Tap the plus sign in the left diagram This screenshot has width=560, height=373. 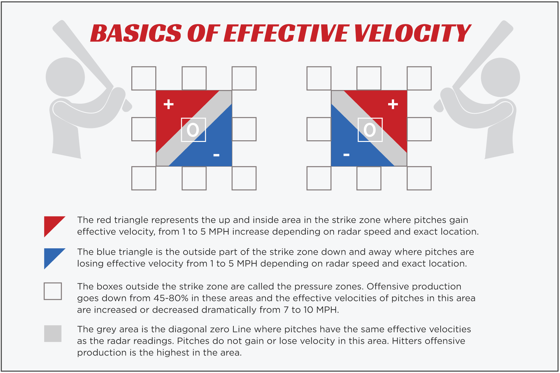click(168, 104)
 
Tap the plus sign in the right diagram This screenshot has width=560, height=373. click(393, 104)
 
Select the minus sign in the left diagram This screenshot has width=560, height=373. click(216, 155)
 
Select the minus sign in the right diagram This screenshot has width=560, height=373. click(346, 155)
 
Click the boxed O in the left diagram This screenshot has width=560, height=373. click(193, 130)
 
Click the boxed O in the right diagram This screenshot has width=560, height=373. click(370, 130)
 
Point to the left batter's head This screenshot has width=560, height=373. click(65, 77)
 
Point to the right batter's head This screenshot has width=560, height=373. click(500, 77)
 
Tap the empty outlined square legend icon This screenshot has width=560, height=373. click(53, 291)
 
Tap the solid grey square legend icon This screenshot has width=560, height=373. click(53, 333)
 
